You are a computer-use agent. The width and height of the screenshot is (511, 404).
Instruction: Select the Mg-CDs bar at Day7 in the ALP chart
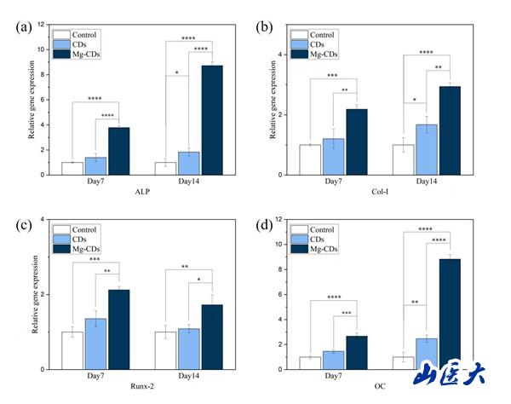pyautogui.click(x=118, y=151)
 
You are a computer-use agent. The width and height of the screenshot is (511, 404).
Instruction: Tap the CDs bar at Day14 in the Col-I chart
pyautogui.click(x=427, y=149)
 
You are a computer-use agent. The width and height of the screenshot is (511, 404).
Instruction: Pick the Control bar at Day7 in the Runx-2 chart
pyautogui.click(x=72, y=350)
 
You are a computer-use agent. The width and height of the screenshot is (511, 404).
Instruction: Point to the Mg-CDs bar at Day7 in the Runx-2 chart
pyautogui.click(x=118, y=329)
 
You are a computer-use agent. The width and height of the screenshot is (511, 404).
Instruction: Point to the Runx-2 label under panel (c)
pyautogui.click(x=142, y=389)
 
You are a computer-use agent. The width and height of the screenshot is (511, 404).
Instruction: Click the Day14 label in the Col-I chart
pyautogui.click(x=427, y=182)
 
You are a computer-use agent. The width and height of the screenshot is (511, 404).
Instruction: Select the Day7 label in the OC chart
pyautogui.click(x=334, y=377)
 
